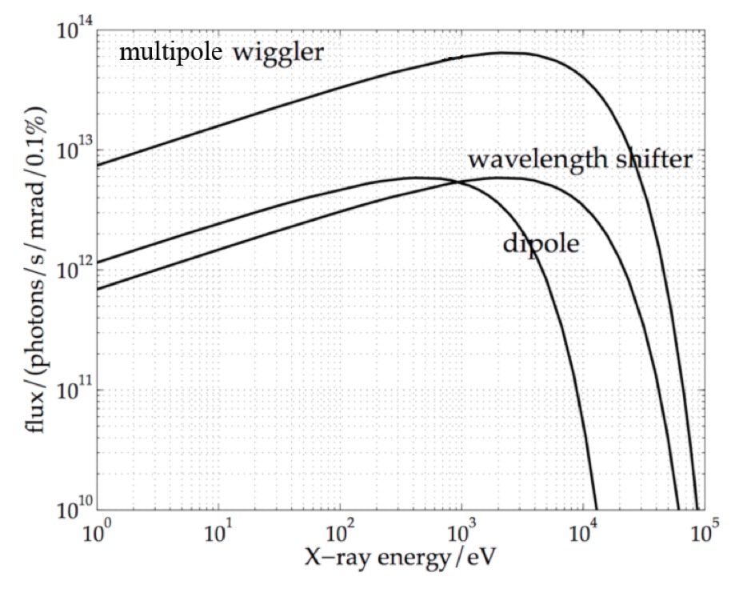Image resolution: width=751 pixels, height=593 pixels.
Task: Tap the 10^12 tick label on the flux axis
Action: tap(74, 270)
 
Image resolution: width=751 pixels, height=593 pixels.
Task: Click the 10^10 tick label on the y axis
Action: tap(74, 508)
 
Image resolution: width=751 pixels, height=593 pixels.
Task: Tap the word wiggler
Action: tap(279, 54)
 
